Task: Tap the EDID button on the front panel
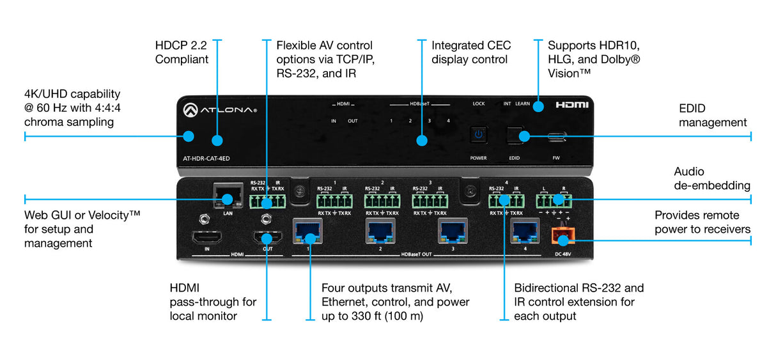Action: pyautogui.click(x=515, y=135)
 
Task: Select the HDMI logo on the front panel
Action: pyautogui.click(x=571, y=104)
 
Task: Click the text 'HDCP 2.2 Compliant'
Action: pyautogui.click(x=182, y=52)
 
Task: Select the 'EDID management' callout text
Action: pyautogui.click(x=712, y=116)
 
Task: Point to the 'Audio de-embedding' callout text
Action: pyautogui.click(x=712, y=178)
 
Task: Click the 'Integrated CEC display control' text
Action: pyautogui.click(x=469, y=52)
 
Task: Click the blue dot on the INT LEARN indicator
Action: pyautogui.click(x=538, y=106)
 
